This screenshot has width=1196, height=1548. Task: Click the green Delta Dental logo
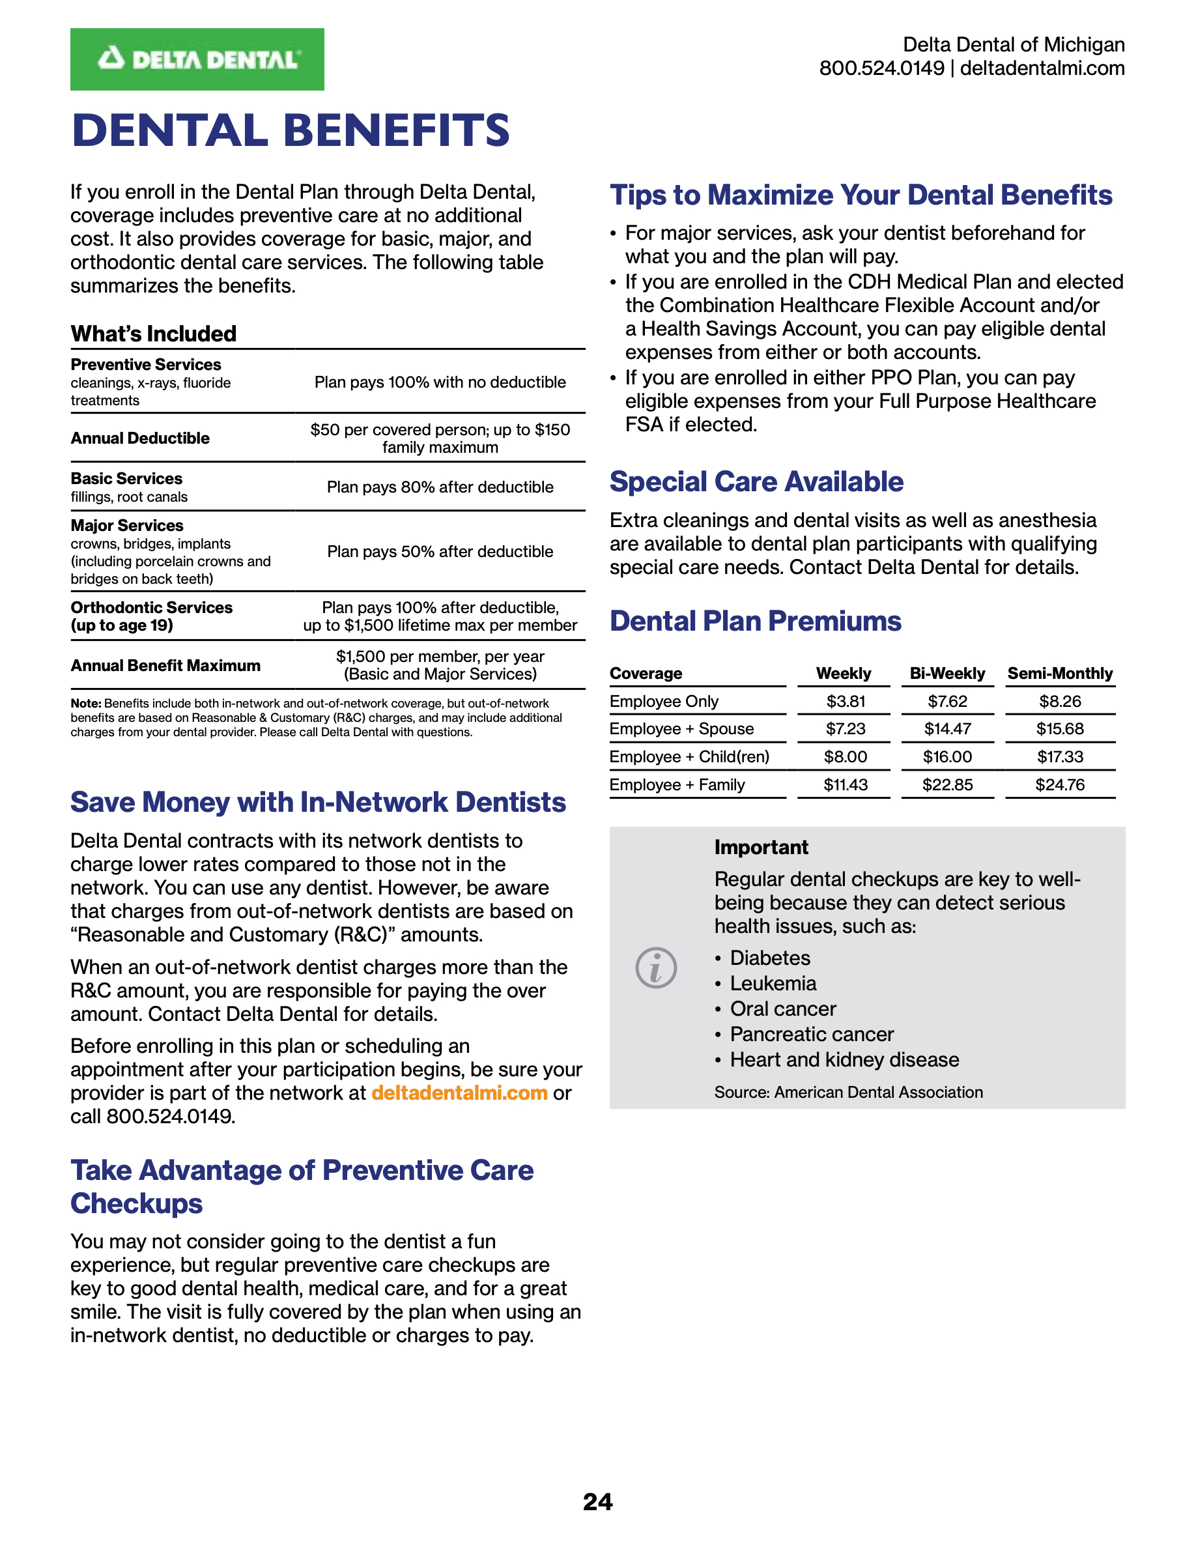tap(197, 59)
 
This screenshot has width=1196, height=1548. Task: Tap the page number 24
tap(597, 1501)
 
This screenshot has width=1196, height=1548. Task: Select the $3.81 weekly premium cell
tap(846, 701)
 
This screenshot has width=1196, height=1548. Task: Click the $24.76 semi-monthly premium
tap(1060, 784)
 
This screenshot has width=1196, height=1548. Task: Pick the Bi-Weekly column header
tap(947, 674)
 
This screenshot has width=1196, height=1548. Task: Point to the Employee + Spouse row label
tap(681, 728)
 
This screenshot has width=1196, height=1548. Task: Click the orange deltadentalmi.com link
tap(459, 1093)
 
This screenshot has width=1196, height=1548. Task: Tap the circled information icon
tap(656, 967)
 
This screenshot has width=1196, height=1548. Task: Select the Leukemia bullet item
tap(773, 983)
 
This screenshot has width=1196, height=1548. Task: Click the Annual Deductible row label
tap(140, 438)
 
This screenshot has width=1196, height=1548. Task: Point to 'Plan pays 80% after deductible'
tap(440, 487)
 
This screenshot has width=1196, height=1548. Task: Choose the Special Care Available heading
tap(756, 482)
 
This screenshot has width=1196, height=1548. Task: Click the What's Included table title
tap(154, 334)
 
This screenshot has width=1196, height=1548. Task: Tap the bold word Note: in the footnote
tap(86, 703)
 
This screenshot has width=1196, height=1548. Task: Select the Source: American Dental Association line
tap(848, 1092)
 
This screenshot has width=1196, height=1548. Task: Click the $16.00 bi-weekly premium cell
tap(947, 757)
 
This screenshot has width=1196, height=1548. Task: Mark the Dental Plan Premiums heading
tap(755, 622)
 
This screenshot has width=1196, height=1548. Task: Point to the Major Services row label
tap(127, 525)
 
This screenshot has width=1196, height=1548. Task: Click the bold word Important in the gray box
tap(761, 848)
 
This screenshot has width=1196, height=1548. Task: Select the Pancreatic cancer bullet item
tap(812, 1034)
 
